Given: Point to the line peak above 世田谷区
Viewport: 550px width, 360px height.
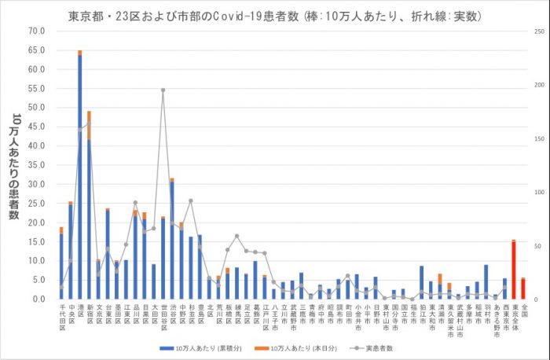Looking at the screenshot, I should pyautogui.click(x=163, y=90).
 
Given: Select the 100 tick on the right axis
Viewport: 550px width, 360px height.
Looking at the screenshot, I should pyautogui.click(x=537, y=192).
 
